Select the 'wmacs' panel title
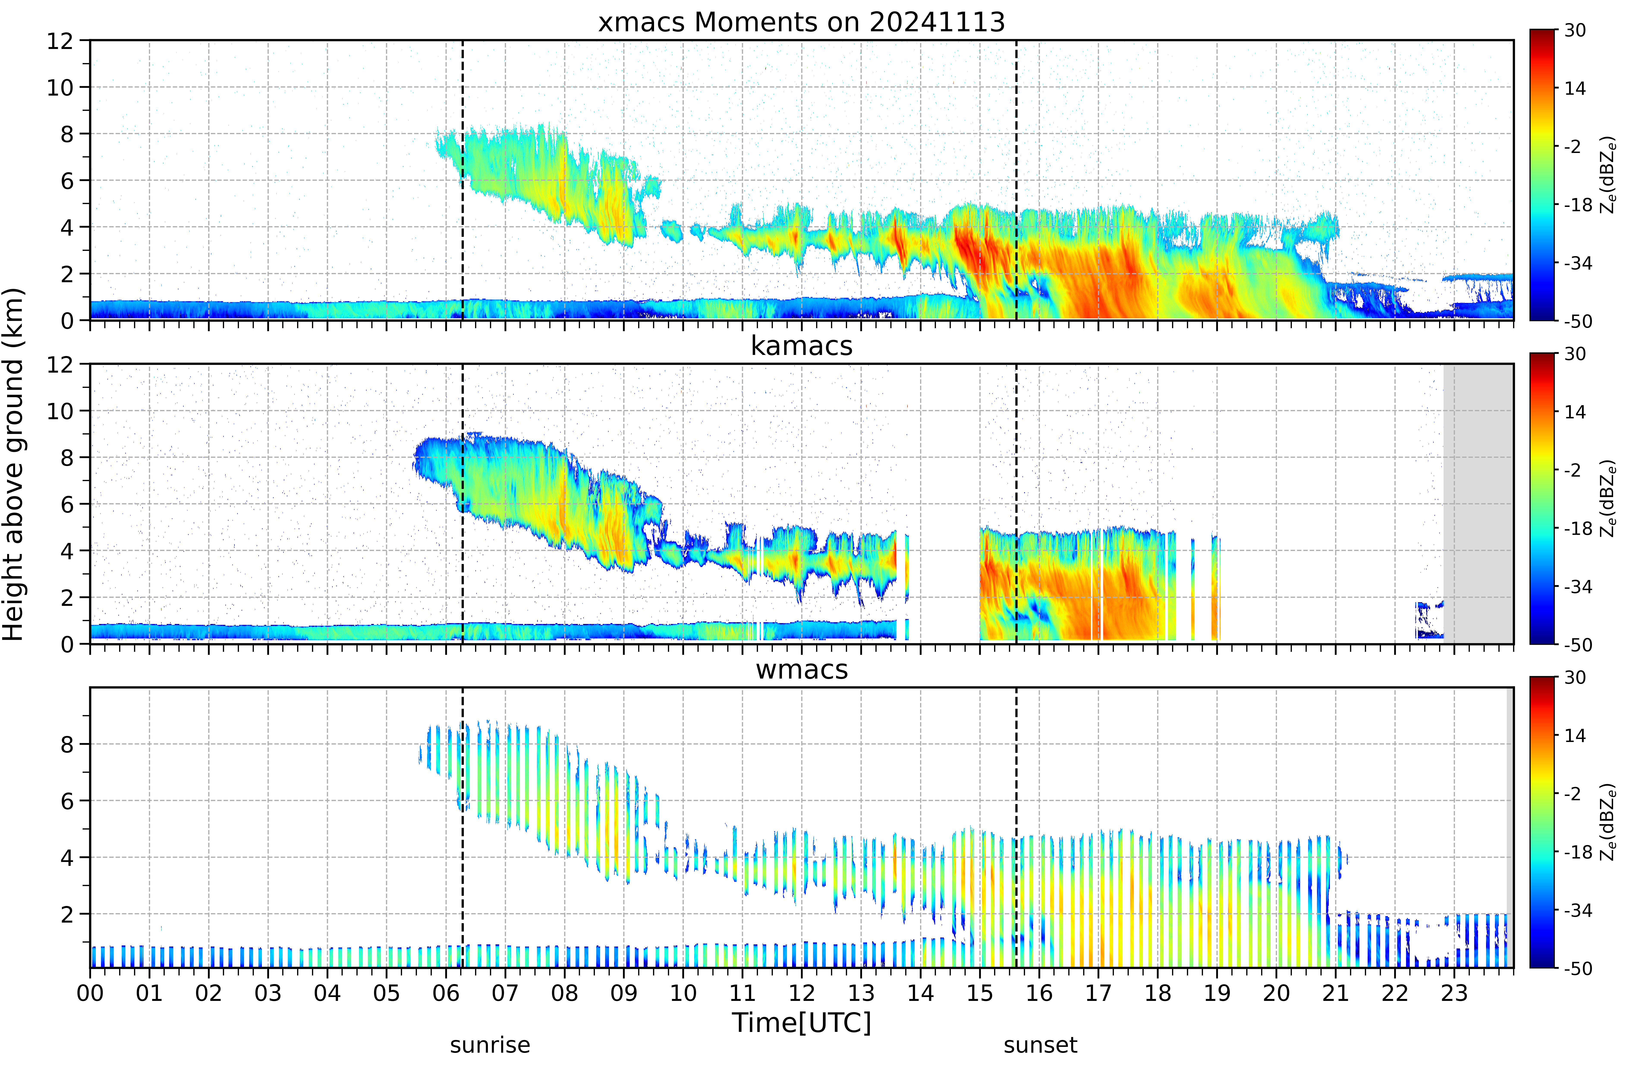802,669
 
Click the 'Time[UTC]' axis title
802,1023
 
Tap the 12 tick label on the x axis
802,993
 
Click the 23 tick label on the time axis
1454,993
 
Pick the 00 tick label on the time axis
90,993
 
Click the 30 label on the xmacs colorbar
1575,30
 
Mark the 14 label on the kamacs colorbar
1575,412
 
